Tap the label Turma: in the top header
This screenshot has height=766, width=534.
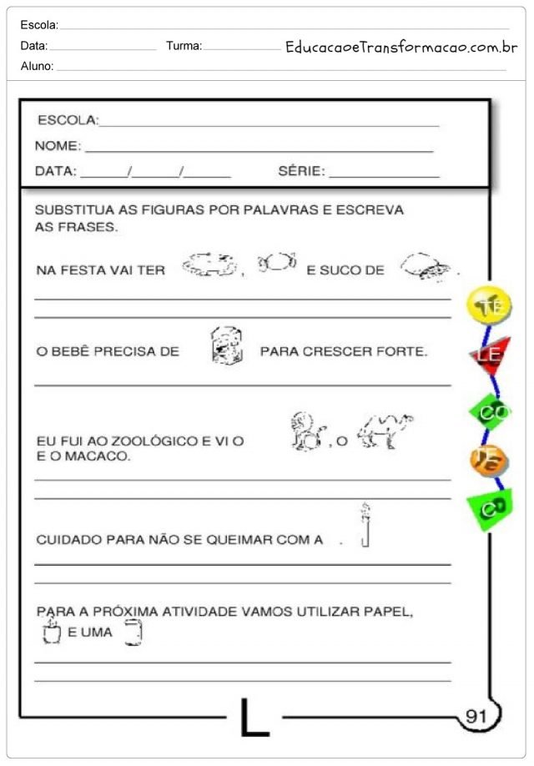click(x=184, y=46)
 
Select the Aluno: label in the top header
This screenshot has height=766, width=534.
click(x=37, y=65)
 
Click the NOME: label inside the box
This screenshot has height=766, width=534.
click(x=58, y=146)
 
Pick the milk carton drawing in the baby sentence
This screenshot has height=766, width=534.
click(x=226, y=345)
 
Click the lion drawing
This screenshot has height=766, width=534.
click(x=306, y=432)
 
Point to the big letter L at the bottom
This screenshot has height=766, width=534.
click(x=254, y=718)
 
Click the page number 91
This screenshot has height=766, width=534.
click(x=476, y=716)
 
